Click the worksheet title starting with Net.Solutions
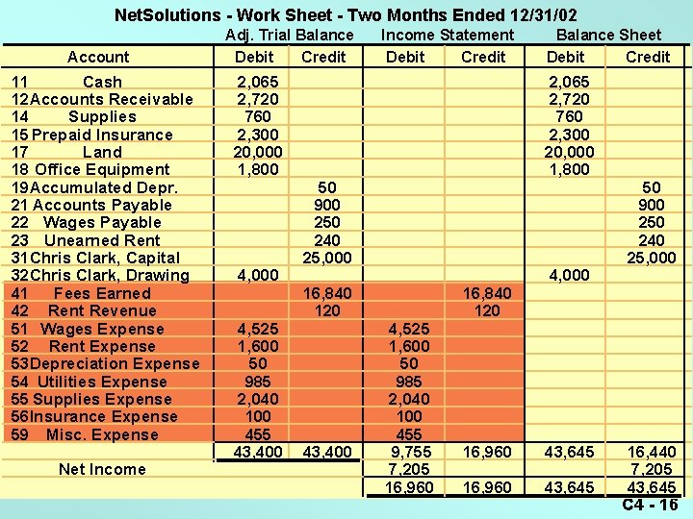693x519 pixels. click(x=346, y=15)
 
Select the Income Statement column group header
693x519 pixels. click(x=448, y=36)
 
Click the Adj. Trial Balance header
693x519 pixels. click(x=290, y=36)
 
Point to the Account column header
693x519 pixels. click(x=98, y=57)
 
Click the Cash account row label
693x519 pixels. click(x=102, y=82)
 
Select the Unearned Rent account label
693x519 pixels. click(x=102, y=240)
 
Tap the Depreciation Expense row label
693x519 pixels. click(x=114, y=363)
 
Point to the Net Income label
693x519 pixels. click(x=102, y=469)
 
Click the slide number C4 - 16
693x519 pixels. click(x=650, y=506)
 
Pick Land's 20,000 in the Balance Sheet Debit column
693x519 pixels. click(x=571, y=152)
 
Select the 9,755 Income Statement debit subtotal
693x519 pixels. click(x=410, y=452)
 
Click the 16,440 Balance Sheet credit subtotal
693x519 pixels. click(x=652, y=452)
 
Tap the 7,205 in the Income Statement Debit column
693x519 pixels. click(x=410, y=469)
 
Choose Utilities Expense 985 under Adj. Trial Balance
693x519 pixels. click(x=258, y=382)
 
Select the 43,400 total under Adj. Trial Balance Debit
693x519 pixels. click(x=258, y=452)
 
